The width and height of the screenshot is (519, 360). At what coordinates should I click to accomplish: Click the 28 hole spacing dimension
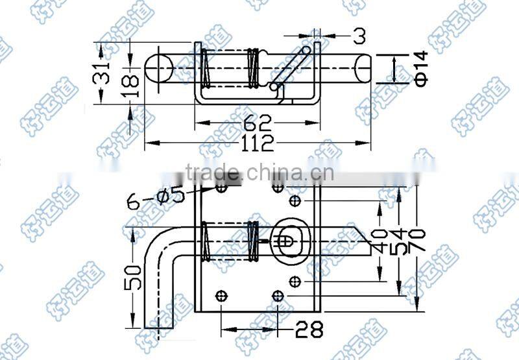(309, 329)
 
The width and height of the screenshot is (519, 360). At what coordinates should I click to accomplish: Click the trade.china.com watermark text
(259, 173)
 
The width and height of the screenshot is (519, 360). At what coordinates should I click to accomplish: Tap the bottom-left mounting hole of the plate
(221, 295)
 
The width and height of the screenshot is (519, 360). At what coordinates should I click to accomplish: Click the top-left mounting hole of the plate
(221, 189)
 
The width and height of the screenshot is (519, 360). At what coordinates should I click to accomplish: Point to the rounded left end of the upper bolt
(154, 68)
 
